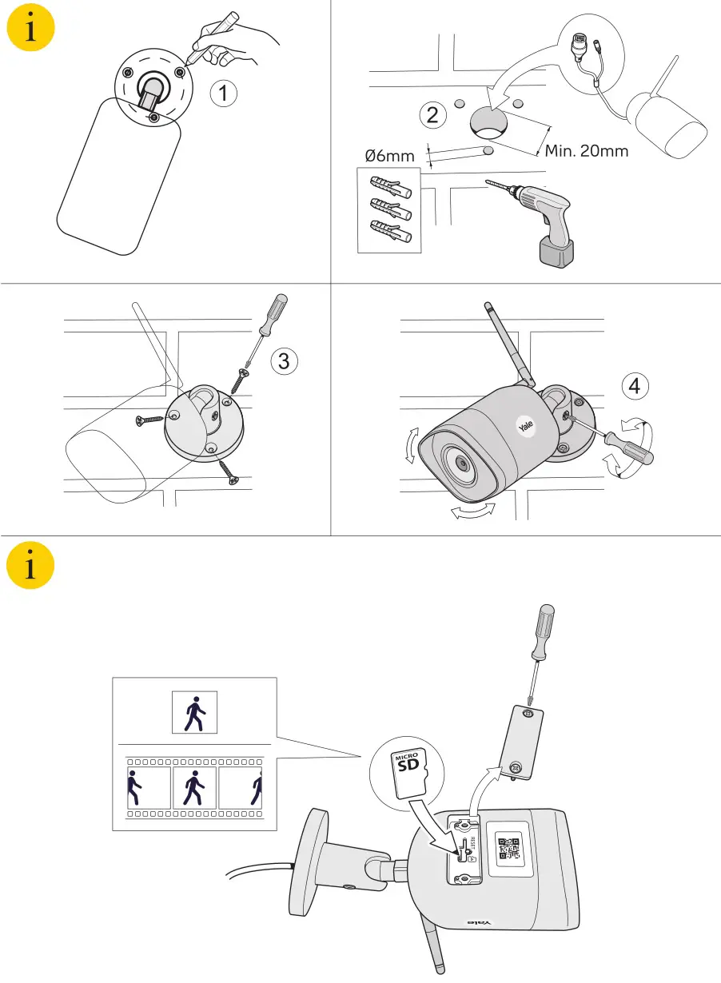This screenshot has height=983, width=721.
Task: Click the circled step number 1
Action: [224, 94]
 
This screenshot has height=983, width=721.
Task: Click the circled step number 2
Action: [432, 115]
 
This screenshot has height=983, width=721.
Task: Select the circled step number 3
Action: [283, 361]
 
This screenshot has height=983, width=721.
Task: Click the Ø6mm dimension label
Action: [389, 156]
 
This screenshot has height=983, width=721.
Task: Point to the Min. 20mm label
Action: [586, 150]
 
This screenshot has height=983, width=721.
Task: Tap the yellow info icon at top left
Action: [30, 31]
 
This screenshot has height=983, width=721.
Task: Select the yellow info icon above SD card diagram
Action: [30, 567]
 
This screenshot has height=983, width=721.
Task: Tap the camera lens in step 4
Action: [461, 463]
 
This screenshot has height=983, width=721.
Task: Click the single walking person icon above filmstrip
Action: [194, 713]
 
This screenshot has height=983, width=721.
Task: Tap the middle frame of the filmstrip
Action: [194, 787]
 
